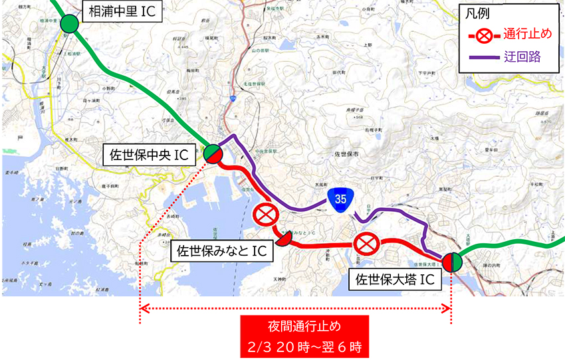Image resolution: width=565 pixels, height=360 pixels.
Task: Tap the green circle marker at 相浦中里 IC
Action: point(68,25)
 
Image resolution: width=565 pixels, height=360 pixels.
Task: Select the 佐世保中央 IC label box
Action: point(150,155)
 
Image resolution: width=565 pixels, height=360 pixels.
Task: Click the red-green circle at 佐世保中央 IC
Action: point(213,153)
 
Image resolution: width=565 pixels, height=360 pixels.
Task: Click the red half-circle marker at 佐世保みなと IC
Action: point(284,238)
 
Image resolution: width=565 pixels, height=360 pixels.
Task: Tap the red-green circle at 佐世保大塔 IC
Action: point(452,262)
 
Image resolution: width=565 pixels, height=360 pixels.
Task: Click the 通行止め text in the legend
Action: point(525,35)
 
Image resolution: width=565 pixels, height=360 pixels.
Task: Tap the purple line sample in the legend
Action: point(484,57)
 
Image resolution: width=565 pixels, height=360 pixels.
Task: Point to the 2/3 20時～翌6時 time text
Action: point(304,346)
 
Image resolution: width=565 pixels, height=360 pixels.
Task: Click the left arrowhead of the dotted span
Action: point(142,308)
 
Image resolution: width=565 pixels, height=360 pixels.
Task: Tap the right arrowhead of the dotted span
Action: point(449,308)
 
